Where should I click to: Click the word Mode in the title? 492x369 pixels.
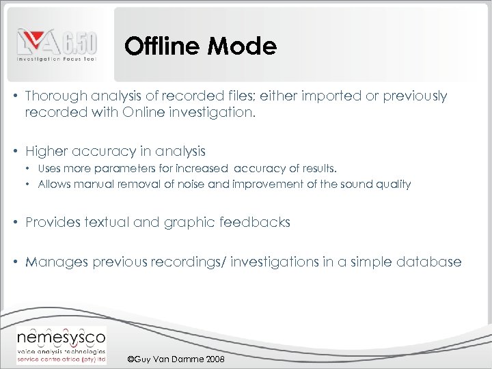coord(244,46)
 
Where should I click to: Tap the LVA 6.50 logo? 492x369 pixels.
coord(57,46)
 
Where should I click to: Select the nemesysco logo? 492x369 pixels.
coord(61,343)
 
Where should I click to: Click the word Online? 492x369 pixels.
coord(144,113)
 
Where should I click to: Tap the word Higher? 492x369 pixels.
coord(47,151)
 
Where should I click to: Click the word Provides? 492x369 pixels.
coord(53,222)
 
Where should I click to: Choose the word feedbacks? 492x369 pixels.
coord(256,222)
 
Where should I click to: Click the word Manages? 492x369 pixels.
coord(54,262)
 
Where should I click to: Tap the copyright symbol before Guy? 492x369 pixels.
coord(132,359)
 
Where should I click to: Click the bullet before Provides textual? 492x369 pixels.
coord(16,222)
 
